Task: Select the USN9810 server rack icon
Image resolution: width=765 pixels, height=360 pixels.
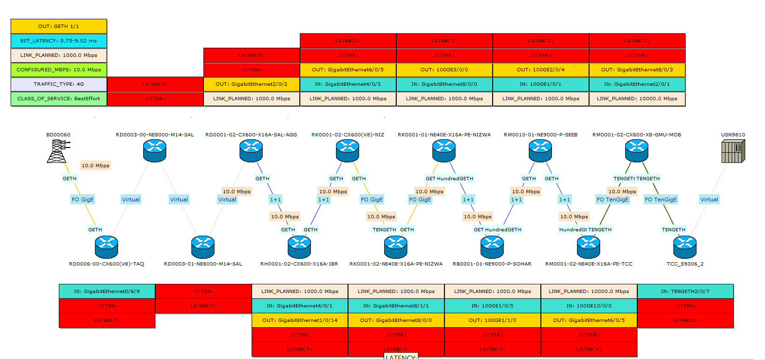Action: pyautogui.click(x=733, y=151)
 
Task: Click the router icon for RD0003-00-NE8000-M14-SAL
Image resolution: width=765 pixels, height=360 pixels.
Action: pyautogui.click(x=155, y=151)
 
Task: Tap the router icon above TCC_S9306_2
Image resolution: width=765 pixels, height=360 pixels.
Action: pyautogui.click(x=685, y=247)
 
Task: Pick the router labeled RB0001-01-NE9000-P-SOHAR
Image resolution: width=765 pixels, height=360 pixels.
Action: pyautogui.click(x=492, y=247)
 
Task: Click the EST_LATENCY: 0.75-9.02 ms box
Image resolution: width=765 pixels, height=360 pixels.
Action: pyautogui.click(x=59, y=41)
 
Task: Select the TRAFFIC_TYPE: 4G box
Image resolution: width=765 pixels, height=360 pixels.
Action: pyautogui.click(x=59, y=84)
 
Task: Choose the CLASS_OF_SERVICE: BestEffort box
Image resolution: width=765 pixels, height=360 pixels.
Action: pyautogui.click(x=59, y=99)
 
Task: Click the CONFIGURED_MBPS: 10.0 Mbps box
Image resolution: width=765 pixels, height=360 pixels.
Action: pyautogui.click(x=59, y=70)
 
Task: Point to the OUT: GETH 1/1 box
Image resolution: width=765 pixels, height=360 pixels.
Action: pyautogui.click(x=59, y=27)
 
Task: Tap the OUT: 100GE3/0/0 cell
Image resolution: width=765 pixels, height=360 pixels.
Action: pyautogui.click(x=444, y=70)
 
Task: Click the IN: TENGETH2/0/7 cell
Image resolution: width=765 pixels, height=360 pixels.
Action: pyautogui.click(x=685, y=292)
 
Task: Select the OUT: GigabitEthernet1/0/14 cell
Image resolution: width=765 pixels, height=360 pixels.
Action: pyautogui.click(x=300, y=320)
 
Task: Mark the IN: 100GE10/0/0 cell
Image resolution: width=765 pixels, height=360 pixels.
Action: pyautogui.click(x=589, y=306)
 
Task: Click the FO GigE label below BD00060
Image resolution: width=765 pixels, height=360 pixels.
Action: pyautogui.click(x=83, y=200)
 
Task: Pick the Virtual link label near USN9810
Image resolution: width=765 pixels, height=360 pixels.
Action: pyautogui.click(x=709, y=200)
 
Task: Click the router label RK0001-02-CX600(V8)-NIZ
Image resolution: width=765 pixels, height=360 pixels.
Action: pyautogui.click(x=348, y=135)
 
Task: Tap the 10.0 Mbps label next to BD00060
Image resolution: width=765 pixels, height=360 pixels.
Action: pyautogui.click(x=95, y=166)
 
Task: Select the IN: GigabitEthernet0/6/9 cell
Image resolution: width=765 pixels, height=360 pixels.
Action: pyautogui.click(x=107, y=292)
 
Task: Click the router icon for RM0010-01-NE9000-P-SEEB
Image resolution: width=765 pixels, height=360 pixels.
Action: pyautogui.click(x=540, y=151)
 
